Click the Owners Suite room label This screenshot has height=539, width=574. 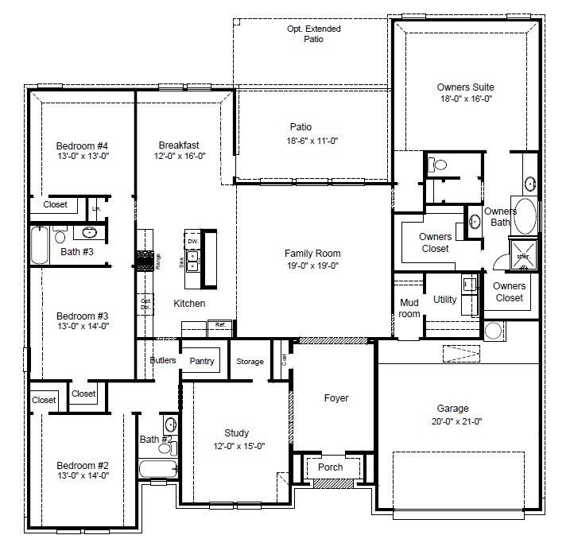click(x=465, y=87)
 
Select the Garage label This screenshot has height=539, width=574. click(x=452, y=409)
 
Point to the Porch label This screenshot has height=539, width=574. click(x=331, y=467)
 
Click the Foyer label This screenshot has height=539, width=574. click(x=335, y=397)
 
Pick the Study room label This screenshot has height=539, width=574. click(x=236, y=433)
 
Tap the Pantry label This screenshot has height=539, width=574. click(x=202, y=361)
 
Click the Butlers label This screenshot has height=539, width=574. click(x=162, y=360)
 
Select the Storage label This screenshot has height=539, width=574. click(x=250, y=362)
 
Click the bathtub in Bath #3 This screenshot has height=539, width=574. click(x=40, y=245)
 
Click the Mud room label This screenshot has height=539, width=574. click(x=409, y=308)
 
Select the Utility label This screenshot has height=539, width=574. click(x=444, y=300)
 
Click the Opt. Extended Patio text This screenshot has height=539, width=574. click(x=313, y=33)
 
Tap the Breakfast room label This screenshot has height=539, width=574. click(x=179, y=145)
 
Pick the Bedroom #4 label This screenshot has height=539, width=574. click(x=82, y=145)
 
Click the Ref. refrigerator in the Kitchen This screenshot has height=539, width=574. click(x=218, y=324)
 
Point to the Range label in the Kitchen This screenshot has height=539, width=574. click(x=158, y=261)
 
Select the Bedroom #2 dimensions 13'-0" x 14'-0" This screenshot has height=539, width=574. click(x=82, y=475)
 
